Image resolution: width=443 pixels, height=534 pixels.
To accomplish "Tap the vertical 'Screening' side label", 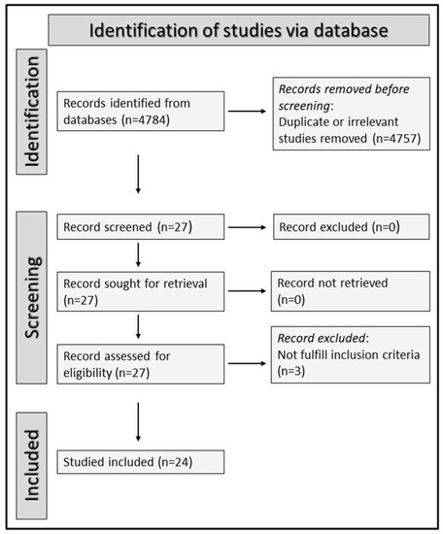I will [x=31, y=295].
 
